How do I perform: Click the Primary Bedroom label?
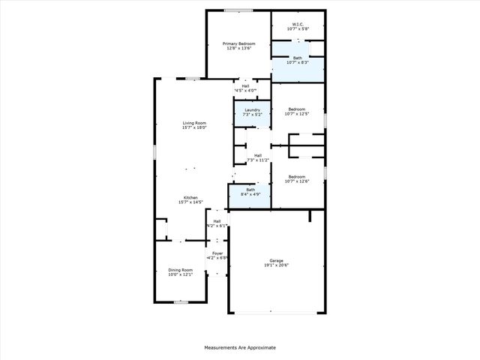tap(238, 43)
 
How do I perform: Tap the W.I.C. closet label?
tap(298, 25)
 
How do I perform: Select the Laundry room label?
tap(252, 110)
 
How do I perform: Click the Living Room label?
tap(193, 123)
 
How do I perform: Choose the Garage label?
tap(277, 260)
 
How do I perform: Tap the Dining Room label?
tap(180, 270)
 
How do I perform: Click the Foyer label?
tap(217, 253)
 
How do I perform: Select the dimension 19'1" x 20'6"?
tap(277, 265)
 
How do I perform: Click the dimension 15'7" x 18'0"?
tap(193, 128)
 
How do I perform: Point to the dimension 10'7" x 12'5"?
tap(298, 115)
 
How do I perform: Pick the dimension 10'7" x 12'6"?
tap(298, 181)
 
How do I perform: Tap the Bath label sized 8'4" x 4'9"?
tap(250, 190)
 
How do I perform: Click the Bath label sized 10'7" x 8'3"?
tap(298, 57)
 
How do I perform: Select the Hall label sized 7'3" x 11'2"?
tap(257, 155)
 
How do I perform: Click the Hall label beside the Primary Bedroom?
tap(245, 86)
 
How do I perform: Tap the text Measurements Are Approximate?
tap(240, 347)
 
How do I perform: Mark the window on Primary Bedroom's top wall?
tap(238, 10)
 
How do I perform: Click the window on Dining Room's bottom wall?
tap(180, 302)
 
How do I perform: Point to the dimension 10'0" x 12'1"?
tap(180, 275)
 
